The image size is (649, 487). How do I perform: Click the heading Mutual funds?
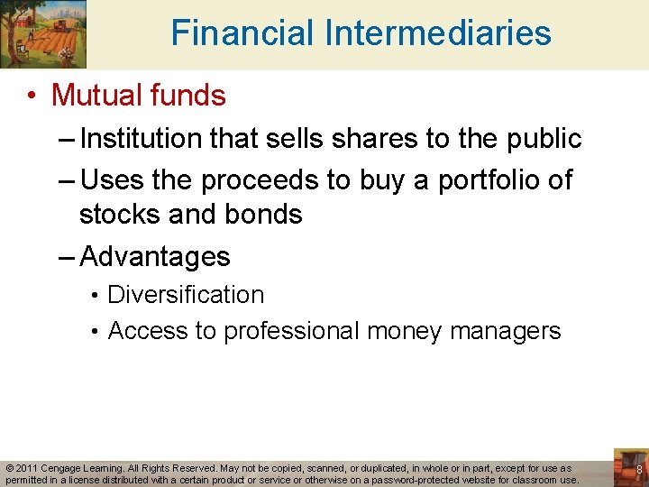(x=138, y=95)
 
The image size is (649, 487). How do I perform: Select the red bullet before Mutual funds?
(x=32, y=96)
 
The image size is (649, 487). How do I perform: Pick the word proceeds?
(x=261, y=180)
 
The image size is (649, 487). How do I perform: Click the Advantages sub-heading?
(x=155, y=257)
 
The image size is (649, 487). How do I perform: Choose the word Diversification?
(x=186, y=295)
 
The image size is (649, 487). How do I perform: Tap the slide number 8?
(x=639, y=471)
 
